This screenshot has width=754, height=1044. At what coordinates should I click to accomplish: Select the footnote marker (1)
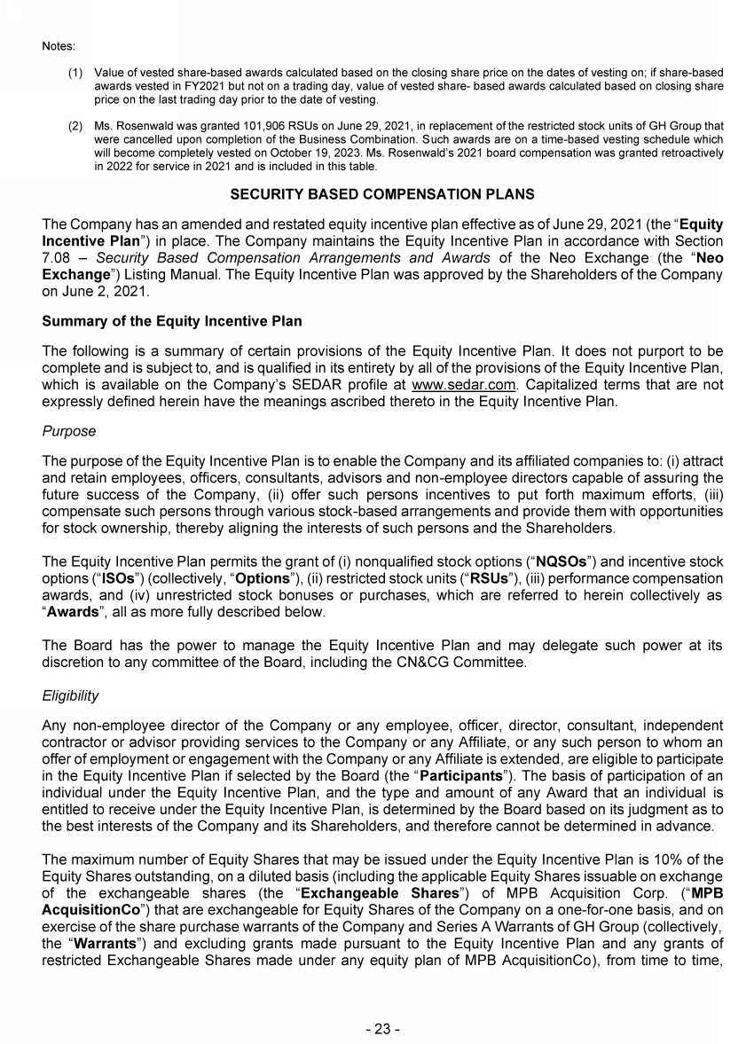[x=76, y=71]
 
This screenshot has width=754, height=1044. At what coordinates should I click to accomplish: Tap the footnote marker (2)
[x=76, y=129]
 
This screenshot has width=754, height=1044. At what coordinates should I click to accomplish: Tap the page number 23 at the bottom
[x=382, y=1029]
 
